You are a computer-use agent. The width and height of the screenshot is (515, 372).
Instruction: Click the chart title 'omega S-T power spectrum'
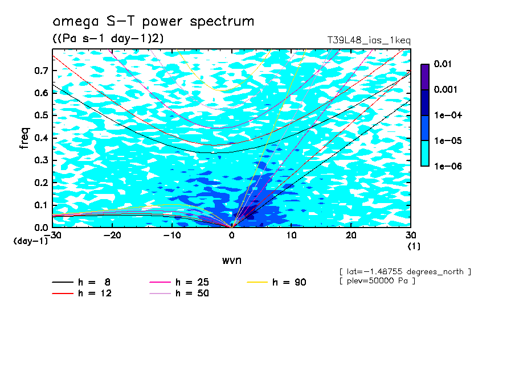(x=153, y=22)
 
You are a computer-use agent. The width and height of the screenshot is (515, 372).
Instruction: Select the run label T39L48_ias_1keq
(x=369, y=40)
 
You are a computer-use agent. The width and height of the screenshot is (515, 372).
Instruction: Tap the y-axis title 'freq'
(x=24, y=138)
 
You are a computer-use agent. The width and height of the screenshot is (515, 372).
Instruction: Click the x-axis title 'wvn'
(x=231, y=260)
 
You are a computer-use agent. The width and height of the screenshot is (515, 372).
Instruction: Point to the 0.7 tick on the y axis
(x=42, y=71)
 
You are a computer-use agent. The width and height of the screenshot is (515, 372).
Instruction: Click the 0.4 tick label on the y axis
(x=42, y=138)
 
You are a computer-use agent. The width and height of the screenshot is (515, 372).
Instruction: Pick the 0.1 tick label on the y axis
(x=42, y=205)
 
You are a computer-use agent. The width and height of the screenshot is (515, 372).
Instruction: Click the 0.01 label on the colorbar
(x=443, y=64)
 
